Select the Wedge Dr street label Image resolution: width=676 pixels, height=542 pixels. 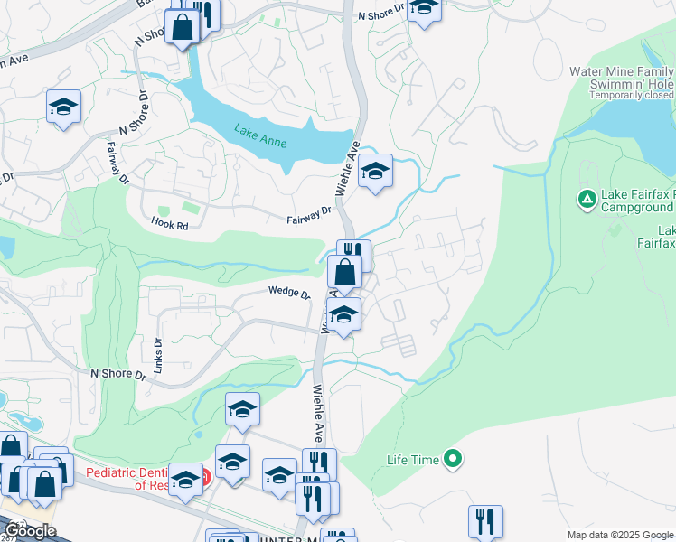[288, 293]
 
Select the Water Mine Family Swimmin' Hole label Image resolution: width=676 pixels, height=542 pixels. [623, 78]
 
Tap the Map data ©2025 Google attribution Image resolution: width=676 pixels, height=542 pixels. [621, 535]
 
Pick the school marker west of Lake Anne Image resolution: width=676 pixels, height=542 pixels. [63, 107]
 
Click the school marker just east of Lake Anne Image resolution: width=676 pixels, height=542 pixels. [375, 170]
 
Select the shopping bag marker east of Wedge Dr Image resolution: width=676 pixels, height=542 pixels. [344, 271]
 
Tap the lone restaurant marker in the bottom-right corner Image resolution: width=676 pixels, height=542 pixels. [485, 520]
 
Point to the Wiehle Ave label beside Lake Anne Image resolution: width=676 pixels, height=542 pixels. [348, 168]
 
